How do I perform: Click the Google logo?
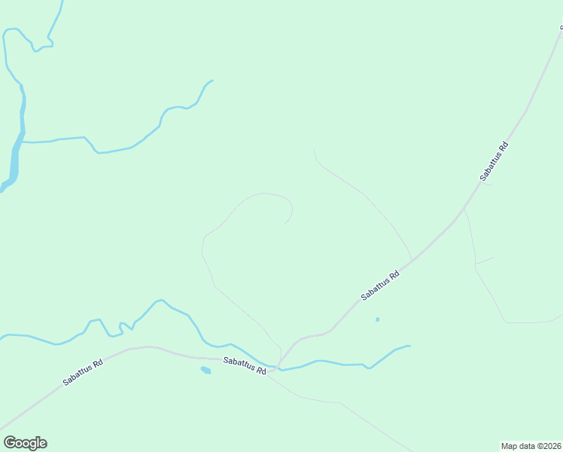coord(25,443)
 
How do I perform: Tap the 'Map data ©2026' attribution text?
coord(531,445)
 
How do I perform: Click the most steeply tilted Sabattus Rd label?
coord(495,161)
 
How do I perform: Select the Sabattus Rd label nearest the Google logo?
coord(82,371)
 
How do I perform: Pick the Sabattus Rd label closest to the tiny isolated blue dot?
coord(379,286)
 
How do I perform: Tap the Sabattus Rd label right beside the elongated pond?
coord(246,367)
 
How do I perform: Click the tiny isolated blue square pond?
coord(377,319)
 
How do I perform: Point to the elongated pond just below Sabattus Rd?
coord(205,370)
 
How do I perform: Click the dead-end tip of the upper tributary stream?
coord(212,81)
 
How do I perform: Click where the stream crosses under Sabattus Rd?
coord(278,368)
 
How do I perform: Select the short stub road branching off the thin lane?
coord(485,261)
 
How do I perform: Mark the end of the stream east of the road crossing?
coord(409,346)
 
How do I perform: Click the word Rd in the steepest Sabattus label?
coord(504,146)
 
